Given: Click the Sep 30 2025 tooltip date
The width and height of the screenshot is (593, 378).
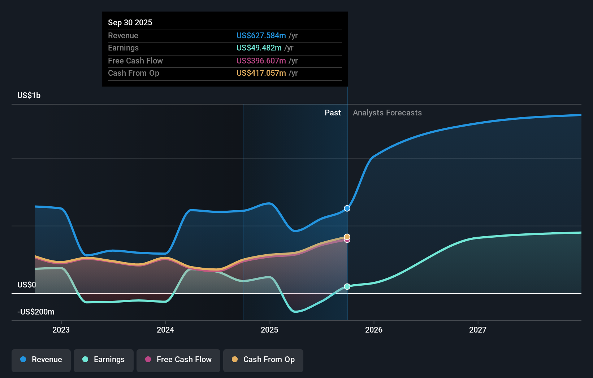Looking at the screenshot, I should (130, 22).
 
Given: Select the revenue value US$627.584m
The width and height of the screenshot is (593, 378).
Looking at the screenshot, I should (261, 35).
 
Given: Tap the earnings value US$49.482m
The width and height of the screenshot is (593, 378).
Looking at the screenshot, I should (259, 48).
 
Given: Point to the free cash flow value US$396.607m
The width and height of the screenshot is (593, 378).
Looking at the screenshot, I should (261, 61).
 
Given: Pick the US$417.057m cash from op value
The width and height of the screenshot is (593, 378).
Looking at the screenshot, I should (261, 73).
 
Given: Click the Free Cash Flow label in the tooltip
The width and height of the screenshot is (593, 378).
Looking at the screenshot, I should (135, 61).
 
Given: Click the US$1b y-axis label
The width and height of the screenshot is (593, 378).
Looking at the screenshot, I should (29, 95).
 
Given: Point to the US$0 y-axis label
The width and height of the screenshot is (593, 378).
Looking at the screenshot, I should (27, 285).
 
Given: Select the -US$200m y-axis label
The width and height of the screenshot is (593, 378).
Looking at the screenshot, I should (36, 312).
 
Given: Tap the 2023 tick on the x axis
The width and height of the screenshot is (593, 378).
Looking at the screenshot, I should (61, 330).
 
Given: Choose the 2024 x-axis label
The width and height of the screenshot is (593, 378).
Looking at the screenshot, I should (165, 330).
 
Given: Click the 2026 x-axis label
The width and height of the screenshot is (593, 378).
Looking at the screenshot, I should (374, 330).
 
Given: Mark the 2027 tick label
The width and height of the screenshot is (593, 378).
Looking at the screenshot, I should (478, 330).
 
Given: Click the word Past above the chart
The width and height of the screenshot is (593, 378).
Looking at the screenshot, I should (333, 113).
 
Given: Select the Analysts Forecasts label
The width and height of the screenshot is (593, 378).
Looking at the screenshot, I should (387, 113).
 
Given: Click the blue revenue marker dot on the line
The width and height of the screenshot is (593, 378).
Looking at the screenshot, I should (347, 208).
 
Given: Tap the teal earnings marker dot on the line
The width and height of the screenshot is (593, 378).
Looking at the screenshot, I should (347, 286).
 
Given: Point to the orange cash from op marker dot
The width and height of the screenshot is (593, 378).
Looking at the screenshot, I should (347, 236).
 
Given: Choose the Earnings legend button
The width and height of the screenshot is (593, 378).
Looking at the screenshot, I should (104, 360).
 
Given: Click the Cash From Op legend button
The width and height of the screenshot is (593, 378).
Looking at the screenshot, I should (263, 360).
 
